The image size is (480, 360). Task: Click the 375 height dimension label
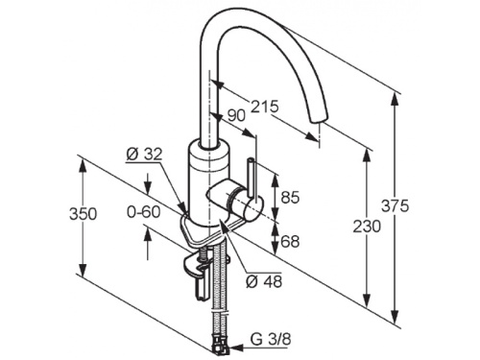[x=395, y=205]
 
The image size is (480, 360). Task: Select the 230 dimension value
[x=367, y=227]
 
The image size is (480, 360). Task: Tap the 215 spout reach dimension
[x=265, y=107]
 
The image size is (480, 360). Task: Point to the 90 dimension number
[x=236, y=116]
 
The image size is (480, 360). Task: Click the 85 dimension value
[x=290, y=197]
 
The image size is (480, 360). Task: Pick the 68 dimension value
[x=290, y=241]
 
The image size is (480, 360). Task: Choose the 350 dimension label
[x=83, y=214]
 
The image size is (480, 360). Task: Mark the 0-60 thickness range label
[x=144, y=212]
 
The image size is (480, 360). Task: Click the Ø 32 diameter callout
[x=144, y=155]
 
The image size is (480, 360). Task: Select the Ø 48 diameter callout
[x=264, y=281]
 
